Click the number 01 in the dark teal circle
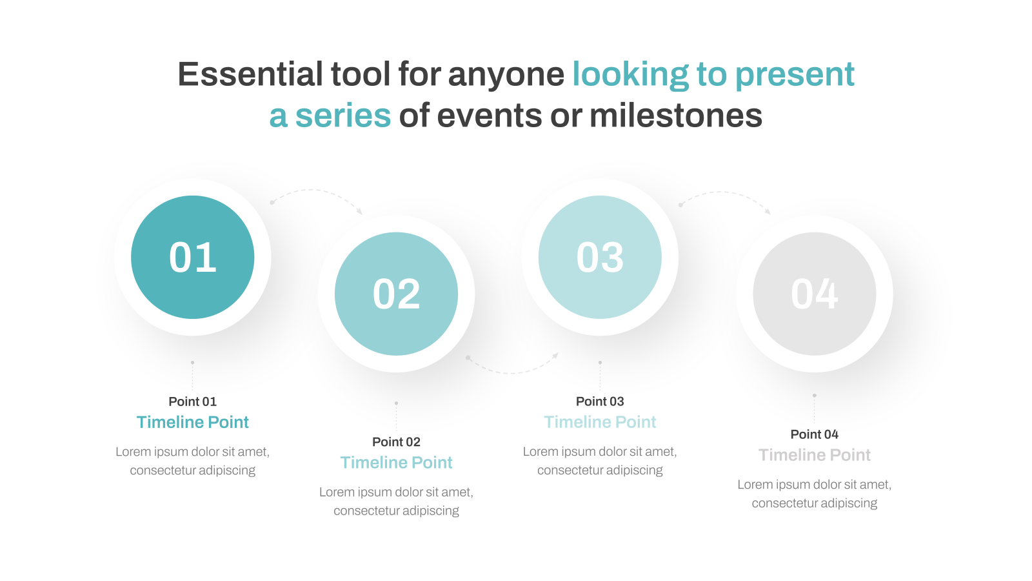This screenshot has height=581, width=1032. pyautogui.click(x=193, y=258)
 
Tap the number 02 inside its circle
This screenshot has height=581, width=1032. pyautogui.click(x=396, y=294)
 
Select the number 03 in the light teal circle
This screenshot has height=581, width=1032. pyautogui.click(x=600, y=258)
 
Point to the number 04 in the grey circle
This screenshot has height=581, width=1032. pyautogui.click(x=814, y=294)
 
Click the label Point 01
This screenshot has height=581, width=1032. pyautogui.click(x=193, y=402)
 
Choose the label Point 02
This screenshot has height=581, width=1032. pyautogui.click(x=396, y=442)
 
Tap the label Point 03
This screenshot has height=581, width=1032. pyautogui.click(x=600, y=402)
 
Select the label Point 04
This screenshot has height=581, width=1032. pyautogui.click(x=814, y=434)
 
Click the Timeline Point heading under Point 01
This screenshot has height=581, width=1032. pyautogui.click(x=193, y=422)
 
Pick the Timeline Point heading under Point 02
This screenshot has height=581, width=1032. pyautogui.click(x=396, y=462)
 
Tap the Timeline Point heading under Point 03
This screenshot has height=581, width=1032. pyautogui.click(x=600, y=422)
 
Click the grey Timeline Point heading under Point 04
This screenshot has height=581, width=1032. pyautogui.click(x=814, y=455)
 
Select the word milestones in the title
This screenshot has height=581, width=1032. pyautogui.click(x=676, y=116)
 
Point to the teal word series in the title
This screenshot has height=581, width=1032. pyautogui.click(x=342, y=116)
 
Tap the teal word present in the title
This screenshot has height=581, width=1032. pyautogui.click(x=795, y=75)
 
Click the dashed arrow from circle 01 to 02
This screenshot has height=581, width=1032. pyautogui.click(x=313, y=190)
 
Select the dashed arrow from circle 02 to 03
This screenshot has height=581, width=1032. pyautogui.click(x=511, y=372)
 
